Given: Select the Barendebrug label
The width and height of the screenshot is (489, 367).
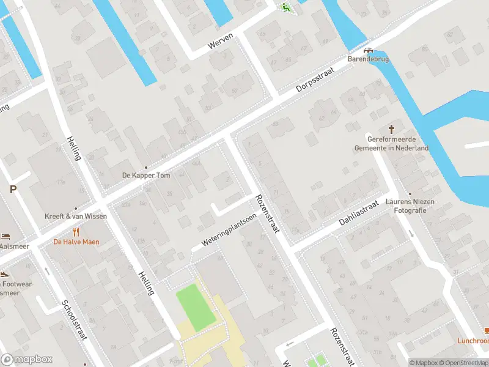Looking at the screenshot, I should (368, 59).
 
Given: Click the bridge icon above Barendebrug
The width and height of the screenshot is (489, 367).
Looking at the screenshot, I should (367, 51).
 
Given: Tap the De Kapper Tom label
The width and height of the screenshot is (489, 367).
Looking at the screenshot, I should (145, 175).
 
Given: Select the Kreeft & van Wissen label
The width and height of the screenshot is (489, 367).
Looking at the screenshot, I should (76, 216).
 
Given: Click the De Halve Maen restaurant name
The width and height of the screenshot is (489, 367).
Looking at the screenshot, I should (76, 242).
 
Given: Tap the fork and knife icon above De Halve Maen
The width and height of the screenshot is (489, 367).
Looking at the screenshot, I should (76, 232).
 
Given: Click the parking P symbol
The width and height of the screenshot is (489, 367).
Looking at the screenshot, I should (12, 190).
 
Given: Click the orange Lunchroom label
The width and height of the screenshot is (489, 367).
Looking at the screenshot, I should (473, 341).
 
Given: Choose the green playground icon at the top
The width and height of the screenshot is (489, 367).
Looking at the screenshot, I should (285, 7).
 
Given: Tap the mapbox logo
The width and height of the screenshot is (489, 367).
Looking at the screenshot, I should (26, 359).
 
